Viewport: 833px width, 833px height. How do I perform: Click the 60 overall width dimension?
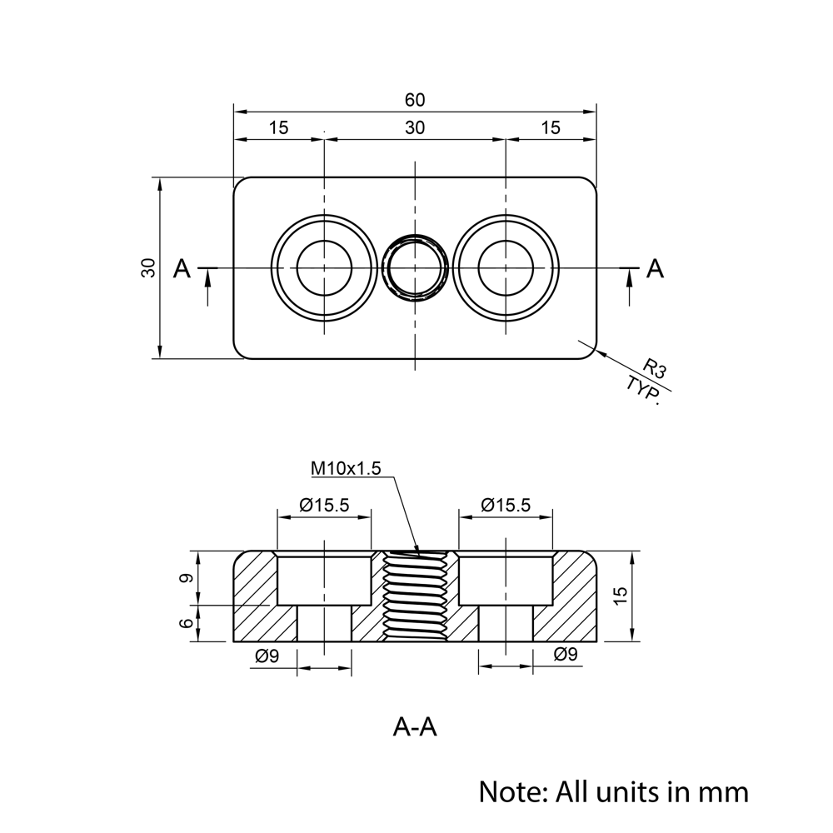click(x=415, y=100)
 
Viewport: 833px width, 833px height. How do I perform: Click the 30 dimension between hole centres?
click(x=415, y=127)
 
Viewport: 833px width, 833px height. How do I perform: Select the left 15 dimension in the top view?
click(x=278, y=127)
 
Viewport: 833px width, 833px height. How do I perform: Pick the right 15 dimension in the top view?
click(x=551, y=127)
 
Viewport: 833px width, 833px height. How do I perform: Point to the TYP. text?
click(x=644, y=389)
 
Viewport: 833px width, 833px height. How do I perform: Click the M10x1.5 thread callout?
click(x=346, y=468)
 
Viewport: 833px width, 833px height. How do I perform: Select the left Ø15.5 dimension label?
click(x=323, y=505)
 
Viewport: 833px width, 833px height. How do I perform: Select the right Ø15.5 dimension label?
click(x=505, y=505)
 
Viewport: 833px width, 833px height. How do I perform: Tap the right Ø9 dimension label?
click(x=566, y=656)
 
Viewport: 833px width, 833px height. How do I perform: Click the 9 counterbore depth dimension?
click(x=187, y=578)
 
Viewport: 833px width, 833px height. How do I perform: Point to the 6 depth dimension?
click(x=187, y=623)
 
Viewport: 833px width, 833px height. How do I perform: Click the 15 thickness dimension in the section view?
click(x=620, y=596)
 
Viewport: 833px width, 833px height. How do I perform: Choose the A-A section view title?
click(x=415, y=727)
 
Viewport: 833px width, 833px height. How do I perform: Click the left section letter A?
click(x=182, y=268)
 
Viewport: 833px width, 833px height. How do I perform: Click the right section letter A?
click(x=656, y=268)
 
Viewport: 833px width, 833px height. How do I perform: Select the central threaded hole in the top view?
click(x=415, y=267)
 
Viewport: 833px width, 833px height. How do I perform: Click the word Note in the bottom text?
click(x=509, y=790)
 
